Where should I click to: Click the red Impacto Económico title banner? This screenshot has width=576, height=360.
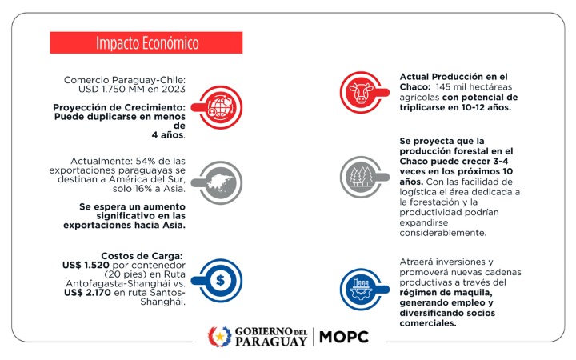coord(146,42)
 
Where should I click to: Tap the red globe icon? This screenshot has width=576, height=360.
coord(219,107)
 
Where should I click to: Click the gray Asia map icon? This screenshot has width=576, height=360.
coord(219,182)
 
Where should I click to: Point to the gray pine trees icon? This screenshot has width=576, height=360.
coord(362,177)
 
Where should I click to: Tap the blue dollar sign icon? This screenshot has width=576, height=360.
coord(220,280)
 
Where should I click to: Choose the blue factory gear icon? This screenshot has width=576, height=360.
coord(362,289)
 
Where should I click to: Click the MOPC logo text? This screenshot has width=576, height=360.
coord(344,337)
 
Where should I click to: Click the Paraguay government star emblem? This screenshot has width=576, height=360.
coord(219,337)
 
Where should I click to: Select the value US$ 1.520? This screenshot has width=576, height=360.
coord(86,265)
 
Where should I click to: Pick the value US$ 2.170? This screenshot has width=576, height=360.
coord(87,293)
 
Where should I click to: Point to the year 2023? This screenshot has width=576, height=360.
coord(174,89)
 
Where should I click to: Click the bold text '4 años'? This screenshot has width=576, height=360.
coord(167,135)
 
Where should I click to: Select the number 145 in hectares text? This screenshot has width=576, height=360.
coord(443,87)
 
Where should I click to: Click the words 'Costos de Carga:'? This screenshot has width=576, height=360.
coord(142,256)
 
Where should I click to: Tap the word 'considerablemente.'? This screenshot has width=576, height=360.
coord(443,233)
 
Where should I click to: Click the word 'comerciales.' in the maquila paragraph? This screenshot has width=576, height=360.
coord(428,323)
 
